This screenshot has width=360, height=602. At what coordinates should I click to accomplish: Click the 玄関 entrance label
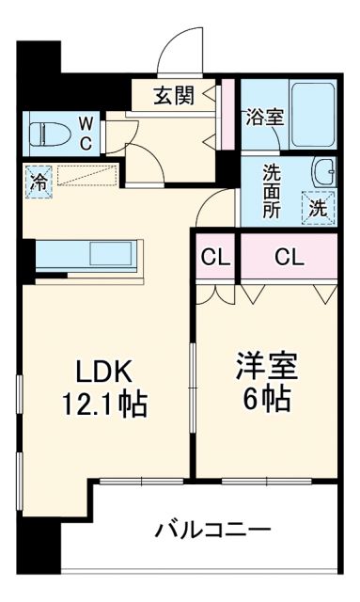[176, 95]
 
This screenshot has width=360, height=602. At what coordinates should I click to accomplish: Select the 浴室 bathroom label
[264, 119]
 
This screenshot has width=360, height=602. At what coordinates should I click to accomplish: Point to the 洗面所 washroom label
[273, 188]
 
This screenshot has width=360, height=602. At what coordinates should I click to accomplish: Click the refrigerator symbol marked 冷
[39, 178]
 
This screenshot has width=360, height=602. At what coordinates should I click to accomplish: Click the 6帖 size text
[263, 399]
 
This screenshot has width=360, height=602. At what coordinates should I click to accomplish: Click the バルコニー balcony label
[212, 530]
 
